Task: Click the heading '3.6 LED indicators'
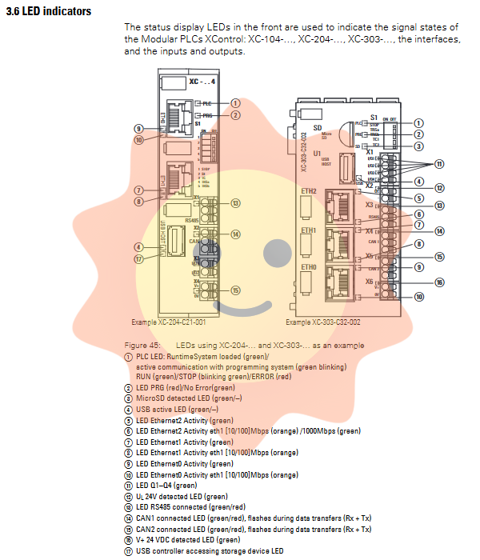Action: [x=48, y=12]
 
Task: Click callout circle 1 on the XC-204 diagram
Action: [x=235, y=103]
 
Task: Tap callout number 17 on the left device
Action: [x=138, y=258]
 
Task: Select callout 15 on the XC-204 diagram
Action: [x=235, y=290]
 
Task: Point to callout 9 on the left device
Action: [x=138, y=128]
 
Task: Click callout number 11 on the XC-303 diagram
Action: [x=439, y=164]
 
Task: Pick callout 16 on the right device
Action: [x=439, y=282]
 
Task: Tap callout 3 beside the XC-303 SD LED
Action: [x=418, y=146]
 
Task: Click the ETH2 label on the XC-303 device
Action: [x=309, y=192]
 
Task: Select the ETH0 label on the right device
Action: [x=309, y=266]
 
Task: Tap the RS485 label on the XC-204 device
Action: [x=191, y=219]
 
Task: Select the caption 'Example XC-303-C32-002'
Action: [x=323, y=322]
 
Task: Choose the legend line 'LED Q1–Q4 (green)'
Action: [x=166, y=485]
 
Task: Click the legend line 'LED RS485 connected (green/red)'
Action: [x=189, y=507]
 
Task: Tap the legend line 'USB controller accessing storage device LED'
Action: [x=209, y=550]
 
